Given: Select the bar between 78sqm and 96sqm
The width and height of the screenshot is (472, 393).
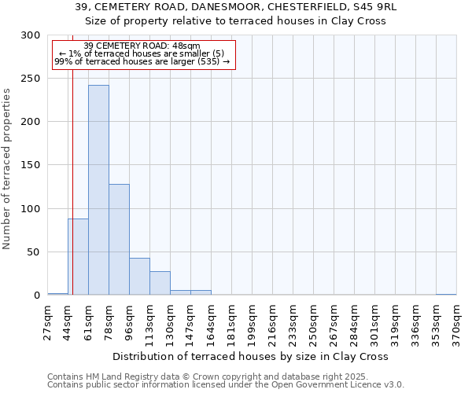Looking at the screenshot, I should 119,240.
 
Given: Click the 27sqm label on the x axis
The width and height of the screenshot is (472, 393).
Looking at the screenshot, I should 48,321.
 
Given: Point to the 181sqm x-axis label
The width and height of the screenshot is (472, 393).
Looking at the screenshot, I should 231,323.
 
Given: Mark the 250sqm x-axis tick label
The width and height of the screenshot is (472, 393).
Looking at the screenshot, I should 313,323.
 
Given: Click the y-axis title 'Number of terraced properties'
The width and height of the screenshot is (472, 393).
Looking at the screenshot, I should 7,168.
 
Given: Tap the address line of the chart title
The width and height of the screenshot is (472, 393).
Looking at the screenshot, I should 236,7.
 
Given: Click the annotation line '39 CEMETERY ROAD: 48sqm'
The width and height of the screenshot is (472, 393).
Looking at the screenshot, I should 142,46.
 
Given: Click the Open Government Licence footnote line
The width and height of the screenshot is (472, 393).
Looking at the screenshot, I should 226,385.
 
